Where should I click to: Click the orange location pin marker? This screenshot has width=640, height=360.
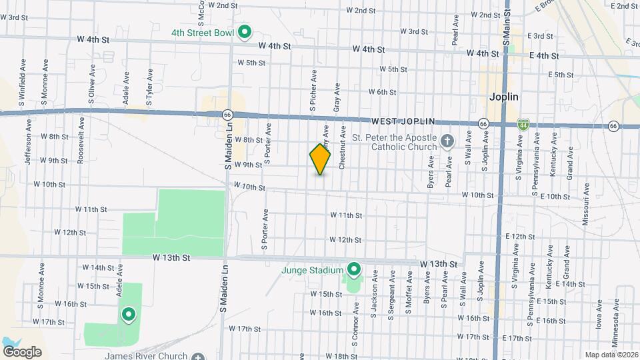point(320,159)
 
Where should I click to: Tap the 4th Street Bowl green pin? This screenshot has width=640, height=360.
point(245,31)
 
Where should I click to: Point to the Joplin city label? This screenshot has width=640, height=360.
point(503,97)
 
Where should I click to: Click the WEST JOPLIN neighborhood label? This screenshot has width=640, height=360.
point(403,121)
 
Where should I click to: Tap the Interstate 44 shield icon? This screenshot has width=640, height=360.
point(524,125)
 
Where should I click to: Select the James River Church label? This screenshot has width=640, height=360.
point(146,356)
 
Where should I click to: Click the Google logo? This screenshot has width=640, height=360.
point(22,351)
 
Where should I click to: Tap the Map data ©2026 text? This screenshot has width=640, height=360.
point(611,355)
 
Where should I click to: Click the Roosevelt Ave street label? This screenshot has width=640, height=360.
point(81,139)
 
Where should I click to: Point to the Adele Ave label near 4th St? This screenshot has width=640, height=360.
point(125,83)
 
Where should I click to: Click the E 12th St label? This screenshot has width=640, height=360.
point(521,237)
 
